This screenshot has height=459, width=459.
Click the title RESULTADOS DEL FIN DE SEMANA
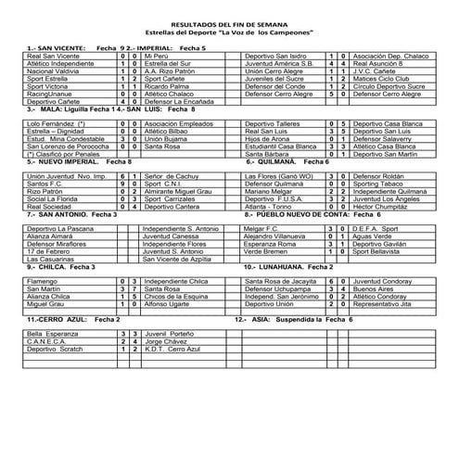pos(229,25)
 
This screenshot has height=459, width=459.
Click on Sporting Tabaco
pos(380,183)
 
